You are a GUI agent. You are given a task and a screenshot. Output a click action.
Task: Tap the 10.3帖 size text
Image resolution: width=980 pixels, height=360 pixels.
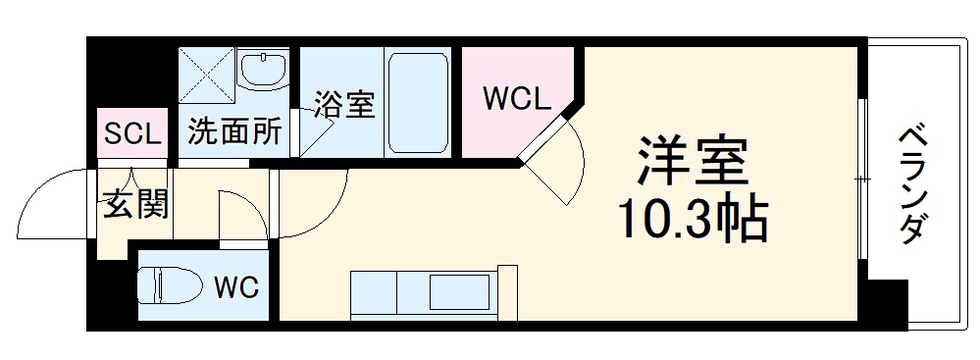coord(693,222)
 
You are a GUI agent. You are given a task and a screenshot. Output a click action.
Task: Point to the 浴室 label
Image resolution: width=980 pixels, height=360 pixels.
coord(344,105)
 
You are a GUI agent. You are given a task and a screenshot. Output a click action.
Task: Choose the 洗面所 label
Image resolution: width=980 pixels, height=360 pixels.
coord(234,132)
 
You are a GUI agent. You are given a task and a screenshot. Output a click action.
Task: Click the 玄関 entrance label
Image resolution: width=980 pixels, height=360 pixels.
coord(135,205)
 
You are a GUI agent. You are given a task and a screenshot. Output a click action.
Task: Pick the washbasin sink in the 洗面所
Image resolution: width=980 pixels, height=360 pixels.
coord(262,70)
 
